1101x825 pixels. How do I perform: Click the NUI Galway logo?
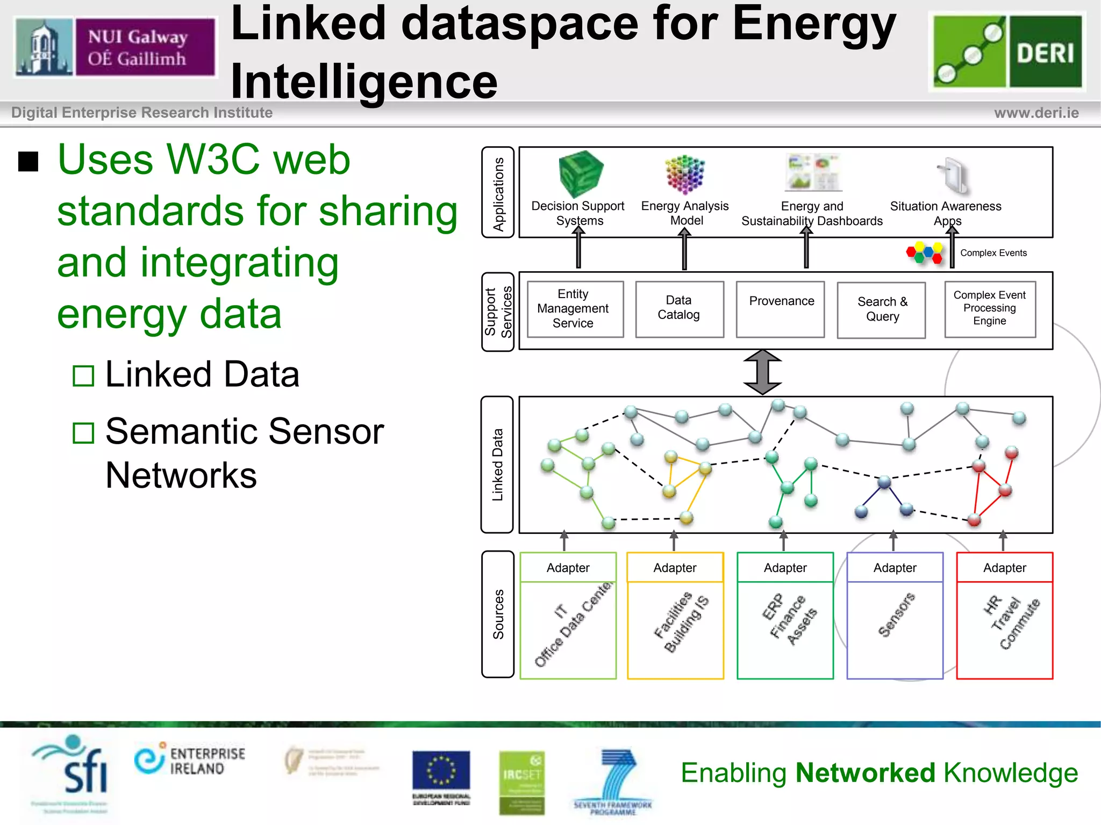click(116, 47)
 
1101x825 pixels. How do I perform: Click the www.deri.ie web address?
click(1036, 113)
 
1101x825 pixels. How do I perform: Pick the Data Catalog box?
click(679, 309)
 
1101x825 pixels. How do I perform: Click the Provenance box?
click(781, 309)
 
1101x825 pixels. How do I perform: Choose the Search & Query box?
click(882, 310)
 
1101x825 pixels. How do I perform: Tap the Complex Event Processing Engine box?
click(990, 309)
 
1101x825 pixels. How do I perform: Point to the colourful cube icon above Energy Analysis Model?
click(684, 174)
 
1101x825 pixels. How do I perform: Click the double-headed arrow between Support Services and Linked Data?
click(762, 372)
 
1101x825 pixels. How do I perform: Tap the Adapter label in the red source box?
click(1004, 568)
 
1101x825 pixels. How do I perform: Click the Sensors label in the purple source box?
click(896, 616)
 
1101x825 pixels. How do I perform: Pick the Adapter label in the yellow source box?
click(675, 568)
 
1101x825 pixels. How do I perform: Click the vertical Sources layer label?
click(498, 614)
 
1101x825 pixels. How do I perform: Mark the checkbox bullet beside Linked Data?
click(84, 376)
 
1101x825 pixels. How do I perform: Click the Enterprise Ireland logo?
click(190, 761)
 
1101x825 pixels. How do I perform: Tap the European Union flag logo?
click(441, 771)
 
